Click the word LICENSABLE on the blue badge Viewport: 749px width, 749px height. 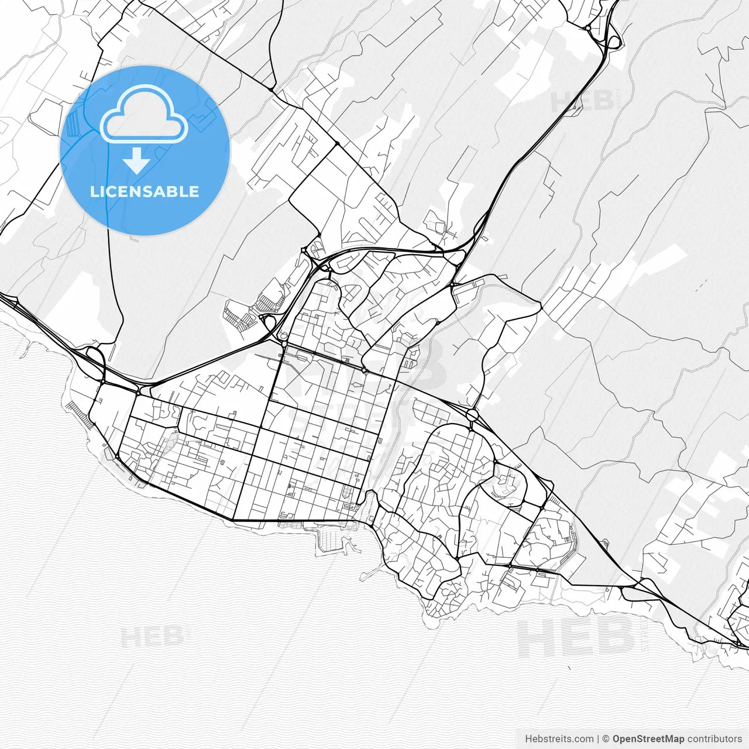point(145,191)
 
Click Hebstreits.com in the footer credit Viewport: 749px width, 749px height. point(559,739)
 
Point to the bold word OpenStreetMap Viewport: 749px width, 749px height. point(648,739)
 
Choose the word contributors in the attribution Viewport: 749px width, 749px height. point(714,739)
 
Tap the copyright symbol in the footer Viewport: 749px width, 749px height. point(606,739)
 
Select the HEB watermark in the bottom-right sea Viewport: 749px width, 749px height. point(576,638)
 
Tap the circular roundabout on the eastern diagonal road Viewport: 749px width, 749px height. point(473,415)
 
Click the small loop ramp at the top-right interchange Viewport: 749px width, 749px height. point(613,42)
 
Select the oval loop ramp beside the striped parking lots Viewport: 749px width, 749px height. point(269,321)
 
